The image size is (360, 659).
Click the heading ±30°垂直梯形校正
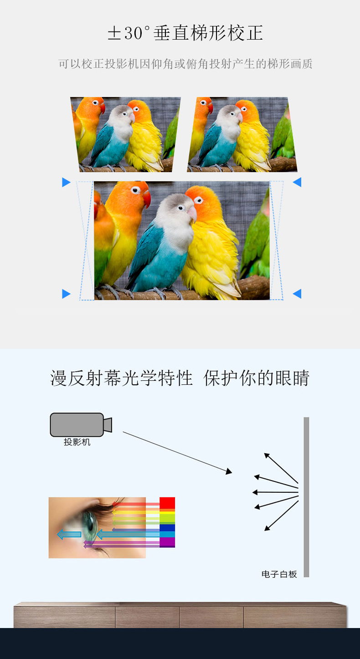185,33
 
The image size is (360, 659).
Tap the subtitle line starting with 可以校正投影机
185,64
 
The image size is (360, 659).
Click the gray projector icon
81,424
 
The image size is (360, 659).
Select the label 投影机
77,442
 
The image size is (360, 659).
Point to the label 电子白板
279,574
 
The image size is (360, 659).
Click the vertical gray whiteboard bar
306,497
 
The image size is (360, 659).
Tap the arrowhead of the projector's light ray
229,471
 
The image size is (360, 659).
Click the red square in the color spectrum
167,503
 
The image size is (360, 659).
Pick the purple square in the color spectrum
167,542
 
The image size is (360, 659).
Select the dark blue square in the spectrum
167,528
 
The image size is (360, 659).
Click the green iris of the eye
90,526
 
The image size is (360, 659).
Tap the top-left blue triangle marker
66,183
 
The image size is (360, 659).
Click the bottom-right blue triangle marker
297,294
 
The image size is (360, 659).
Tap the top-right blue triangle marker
297,182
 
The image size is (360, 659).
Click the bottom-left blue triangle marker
66,294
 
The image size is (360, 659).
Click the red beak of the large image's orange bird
147,199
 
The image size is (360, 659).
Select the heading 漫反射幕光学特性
121,378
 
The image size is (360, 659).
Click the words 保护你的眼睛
257,378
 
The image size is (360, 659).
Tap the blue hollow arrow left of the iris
69,534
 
